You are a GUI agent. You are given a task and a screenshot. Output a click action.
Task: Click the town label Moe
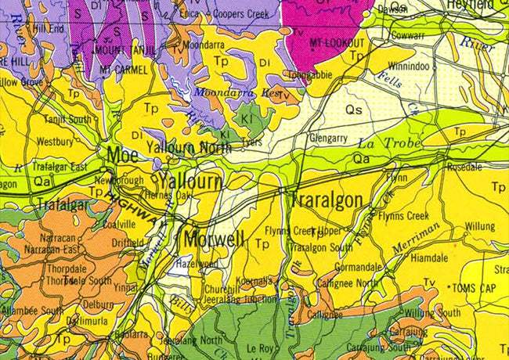click(x=122, y=154)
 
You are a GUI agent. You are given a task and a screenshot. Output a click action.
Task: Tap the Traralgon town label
click(x=327, y=200)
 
